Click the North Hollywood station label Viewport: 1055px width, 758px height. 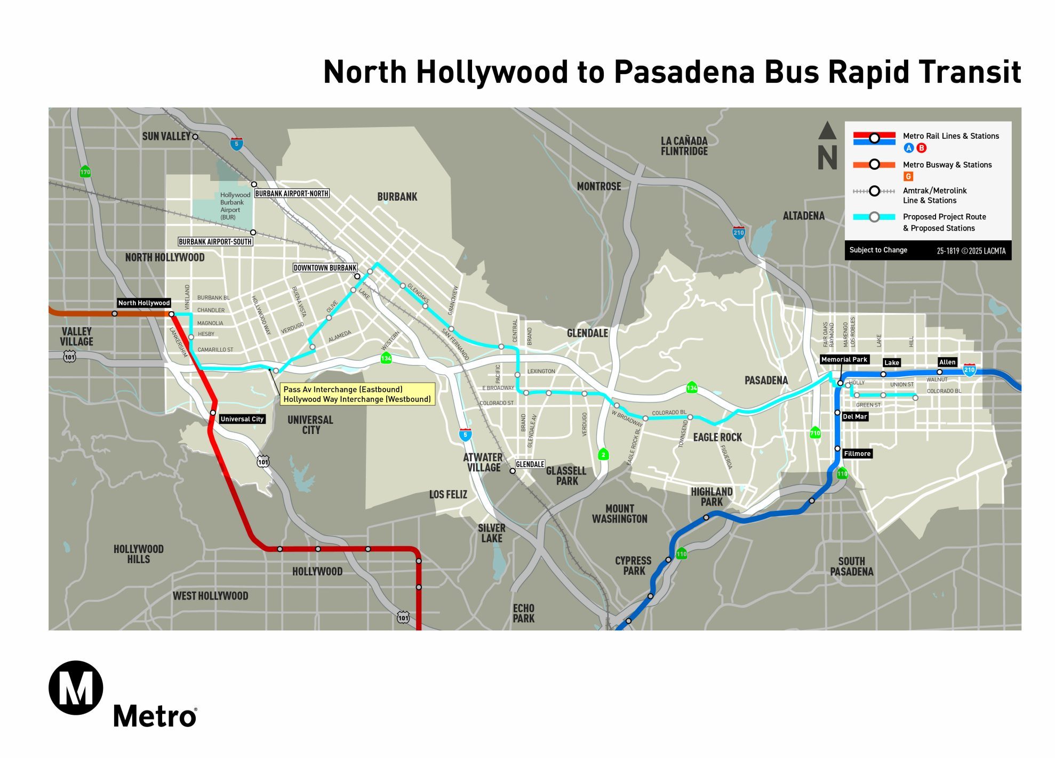(144, 303)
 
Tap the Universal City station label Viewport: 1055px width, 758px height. (242, 419)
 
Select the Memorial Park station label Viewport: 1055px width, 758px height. (844, 359)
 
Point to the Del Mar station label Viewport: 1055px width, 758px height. (854, 416)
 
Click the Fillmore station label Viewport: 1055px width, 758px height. (857, 454)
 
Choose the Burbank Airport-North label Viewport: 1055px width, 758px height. (291, 193)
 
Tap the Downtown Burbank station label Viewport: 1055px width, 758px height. (325, 267)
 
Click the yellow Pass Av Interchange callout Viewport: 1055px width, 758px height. (357, 394)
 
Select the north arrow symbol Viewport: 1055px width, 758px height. (827, 146)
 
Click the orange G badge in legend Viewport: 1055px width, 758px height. (908, 176)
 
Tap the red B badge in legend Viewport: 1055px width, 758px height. (921, 148)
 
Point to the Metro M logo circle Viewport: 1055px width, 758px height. (76, 688)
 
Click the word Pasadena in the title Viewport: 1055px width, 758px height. (684, 72)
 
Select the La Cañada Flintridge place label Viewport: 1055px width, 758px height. (684, 146)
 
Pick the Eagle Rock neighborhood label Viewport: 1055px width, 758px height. (717, 437)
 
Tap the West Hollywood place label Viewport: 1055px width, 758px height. (210, 596)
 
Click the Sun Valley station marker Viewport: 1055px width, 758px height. (195, 137)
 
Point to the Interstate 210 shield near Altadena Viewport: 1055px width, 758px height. (738, 232)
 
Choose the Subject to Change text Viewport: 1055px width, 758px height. (878, 250)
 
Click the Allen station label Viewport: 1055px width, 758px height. (947, 362)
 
